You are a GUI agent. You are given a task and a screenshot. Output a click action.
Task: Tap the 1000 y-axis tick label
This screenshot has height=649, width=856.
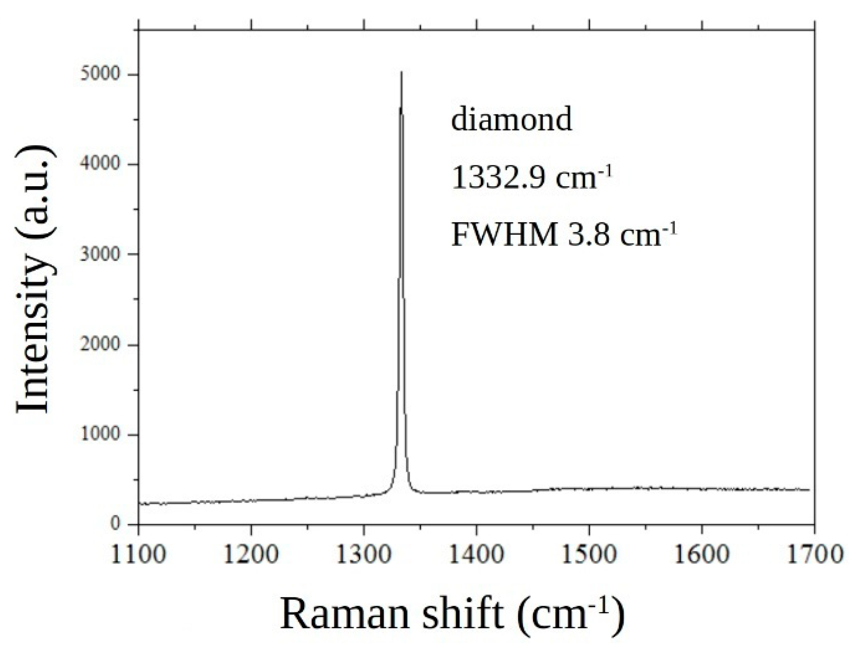[x=100, y=434]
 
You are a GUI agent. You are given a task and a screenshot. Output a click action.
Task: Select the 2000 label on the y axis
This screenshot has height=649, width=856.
[x=100, y=345]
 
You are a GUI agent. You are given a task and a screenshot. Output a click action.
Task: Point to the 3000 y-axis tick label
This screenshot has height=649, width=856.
[x=100, y=254]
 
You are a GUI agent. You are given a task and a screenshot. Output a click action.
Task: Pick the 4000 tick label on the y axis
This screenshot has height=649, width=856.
[x=100, y=165]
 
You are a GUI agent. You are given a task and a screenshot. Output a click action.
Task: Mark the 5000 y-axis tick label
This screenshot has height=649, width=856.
[x=100, y=75]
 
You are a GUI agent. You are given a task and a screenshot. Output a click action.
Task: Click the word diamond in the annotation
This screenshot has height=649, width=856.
[x=512, y=119]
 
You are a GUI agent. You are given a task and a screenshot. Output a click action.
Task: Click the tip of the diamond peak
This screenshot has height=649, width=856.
[x=401, y=72]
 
